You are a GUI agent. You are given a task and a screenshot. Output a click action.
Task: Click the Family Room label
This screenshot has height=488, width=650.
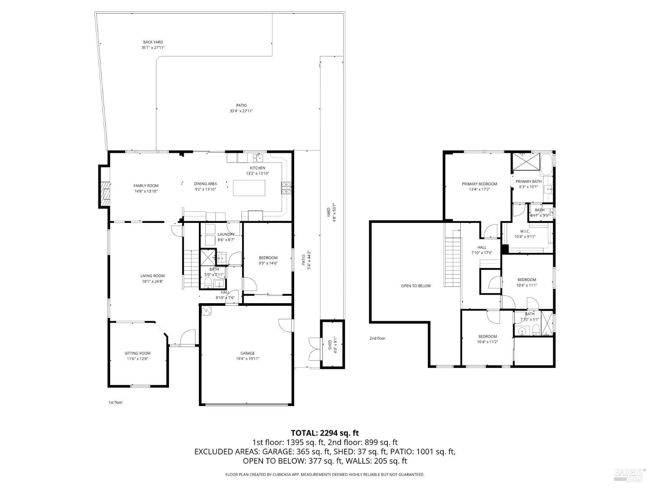(146, 186)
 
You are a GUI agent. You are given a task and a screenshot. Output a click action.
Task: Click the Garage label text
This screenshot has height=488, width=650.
(247, 353)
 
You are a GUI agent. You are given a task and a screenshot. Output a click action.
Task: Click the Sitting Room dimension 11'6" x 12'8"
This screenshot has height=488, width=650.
(137, 359)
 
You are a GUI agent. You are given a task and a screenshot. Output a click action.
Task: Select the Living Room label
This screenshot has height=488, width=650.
(152, 275)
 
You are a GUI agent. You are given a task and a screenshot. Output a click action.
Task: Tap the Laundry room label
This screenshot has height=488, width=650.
(226, 234)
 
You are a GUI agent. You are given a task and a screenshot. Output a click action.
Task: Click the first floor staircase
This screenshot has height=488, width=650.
(190, 269)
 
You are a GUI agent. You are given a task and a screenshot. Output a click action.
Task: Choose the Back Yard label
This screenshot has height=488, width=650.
(153, 42)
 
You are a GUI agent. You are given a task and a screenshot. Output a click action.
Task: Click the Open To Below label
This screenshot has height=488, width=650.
(416, 286)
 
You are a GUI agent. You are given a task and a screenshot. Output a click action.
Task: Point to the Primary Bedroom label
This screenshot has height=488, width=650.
(479, 184)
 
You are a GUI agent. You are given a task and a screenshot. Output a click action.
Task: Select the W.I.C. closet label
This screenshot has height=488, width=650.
(525, 231)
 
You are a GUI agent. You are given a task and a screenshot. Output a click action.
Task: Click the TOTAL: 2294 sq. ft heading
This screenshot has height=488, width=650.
(325, 432)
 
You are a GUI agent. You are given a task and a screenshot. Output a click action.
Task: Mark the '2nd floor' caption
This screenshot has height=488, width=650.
(377, 338)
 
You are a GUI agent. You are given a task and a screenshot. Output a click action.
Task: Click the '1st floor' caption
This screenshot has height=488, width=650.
(115, 403)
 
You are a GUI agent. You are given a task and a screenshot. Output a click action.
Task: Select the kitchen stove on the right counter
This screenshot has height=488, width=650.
(286, 188)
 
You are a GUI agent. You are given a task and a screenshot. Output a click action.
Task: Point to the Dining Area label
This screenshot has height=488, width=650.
(205, 183)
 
